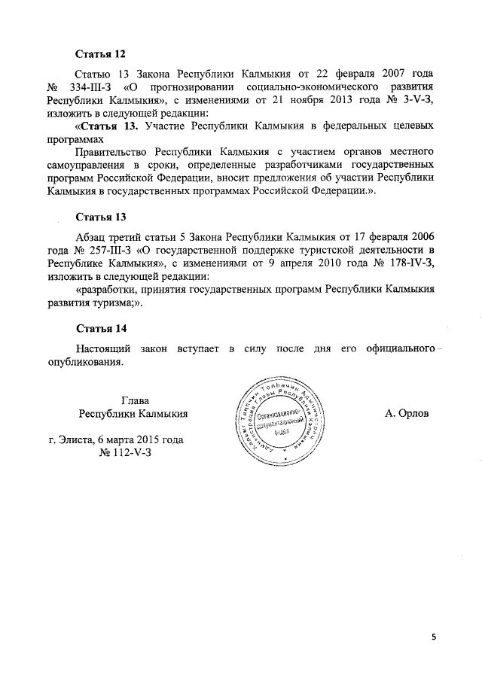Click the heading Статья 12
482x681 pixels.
tap(100, 54)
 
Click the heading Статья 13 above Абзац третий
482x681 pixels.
tap(100, 217)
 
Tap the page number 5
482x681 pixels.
tap(433, 637)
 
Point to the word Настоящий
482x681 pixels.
tap(104, 349)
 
